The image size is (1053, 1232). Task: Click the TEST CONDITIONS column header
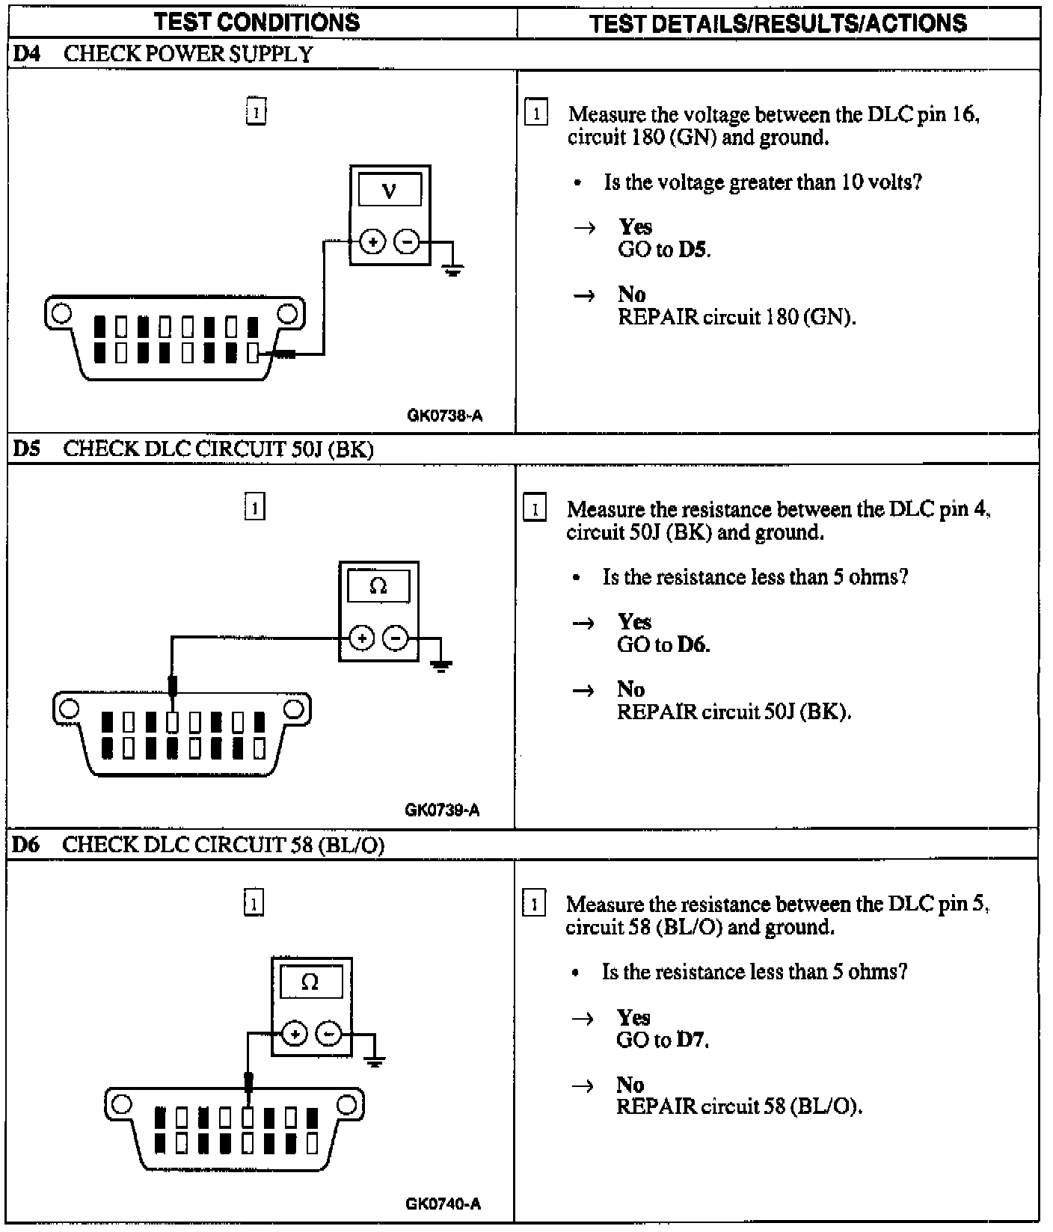tap(257, 22)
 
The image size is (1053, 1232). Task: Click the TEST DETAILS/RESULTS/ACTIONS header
tap(778, 23)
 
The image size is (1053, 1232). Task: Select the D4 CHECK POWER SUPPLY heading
tap(163, 54)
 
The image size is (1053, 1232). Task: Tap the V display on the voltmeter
tap(390, 191)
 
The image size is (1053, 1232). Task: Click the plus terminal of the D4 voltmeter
tap(372, 241)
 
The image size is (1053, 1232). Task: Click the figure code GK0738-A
tap(444, 416)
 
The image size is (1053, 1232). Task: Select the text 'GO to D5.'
tap(664, 250)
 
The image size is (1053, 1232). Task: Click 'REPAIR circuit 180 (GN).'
tap(737, 317)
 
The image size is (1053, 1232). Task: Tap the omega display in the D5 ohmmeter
tap(378, 586)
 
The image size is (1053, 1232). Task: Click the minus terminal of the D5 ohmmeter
tap(395, 638)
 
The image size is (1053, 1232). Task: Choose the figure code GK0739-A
tap(442, 810)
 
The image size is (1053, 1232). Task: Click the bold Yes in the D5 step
tap(634, 621)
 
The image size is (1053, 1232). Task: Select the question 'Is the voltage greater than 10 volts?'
tap(763, 182)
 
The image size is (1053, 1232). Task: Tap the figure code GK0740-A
tap(443, 1204)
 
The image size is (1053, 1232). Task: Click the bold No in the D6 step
tap(630, 1084)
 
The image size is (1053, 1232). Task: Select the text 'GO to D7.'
tap(663, 1040)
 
